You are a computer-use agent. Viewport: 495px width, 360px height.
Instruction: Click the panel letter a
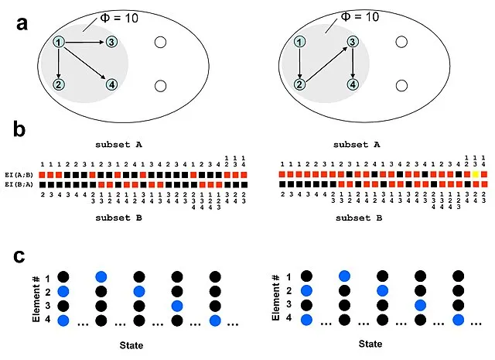click(23, 24)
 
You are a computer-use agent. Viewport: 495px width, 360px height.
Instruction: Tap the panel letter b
click(23, 129)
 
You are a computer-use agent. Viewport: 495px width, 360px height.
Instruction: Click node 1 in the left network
click(59, 42)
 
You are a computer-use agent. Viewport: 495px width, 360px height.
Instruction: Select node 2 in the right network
click(299, 84)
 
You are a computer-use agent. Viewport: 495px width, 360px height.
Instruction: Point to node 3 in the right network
click(353, 42)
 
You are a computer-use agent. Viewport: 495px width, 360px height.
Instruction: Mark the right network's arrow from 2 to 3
click(326, 63)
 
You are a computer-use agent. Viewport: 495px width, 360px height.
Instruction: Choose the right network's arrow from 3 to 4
click(353, 63)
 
